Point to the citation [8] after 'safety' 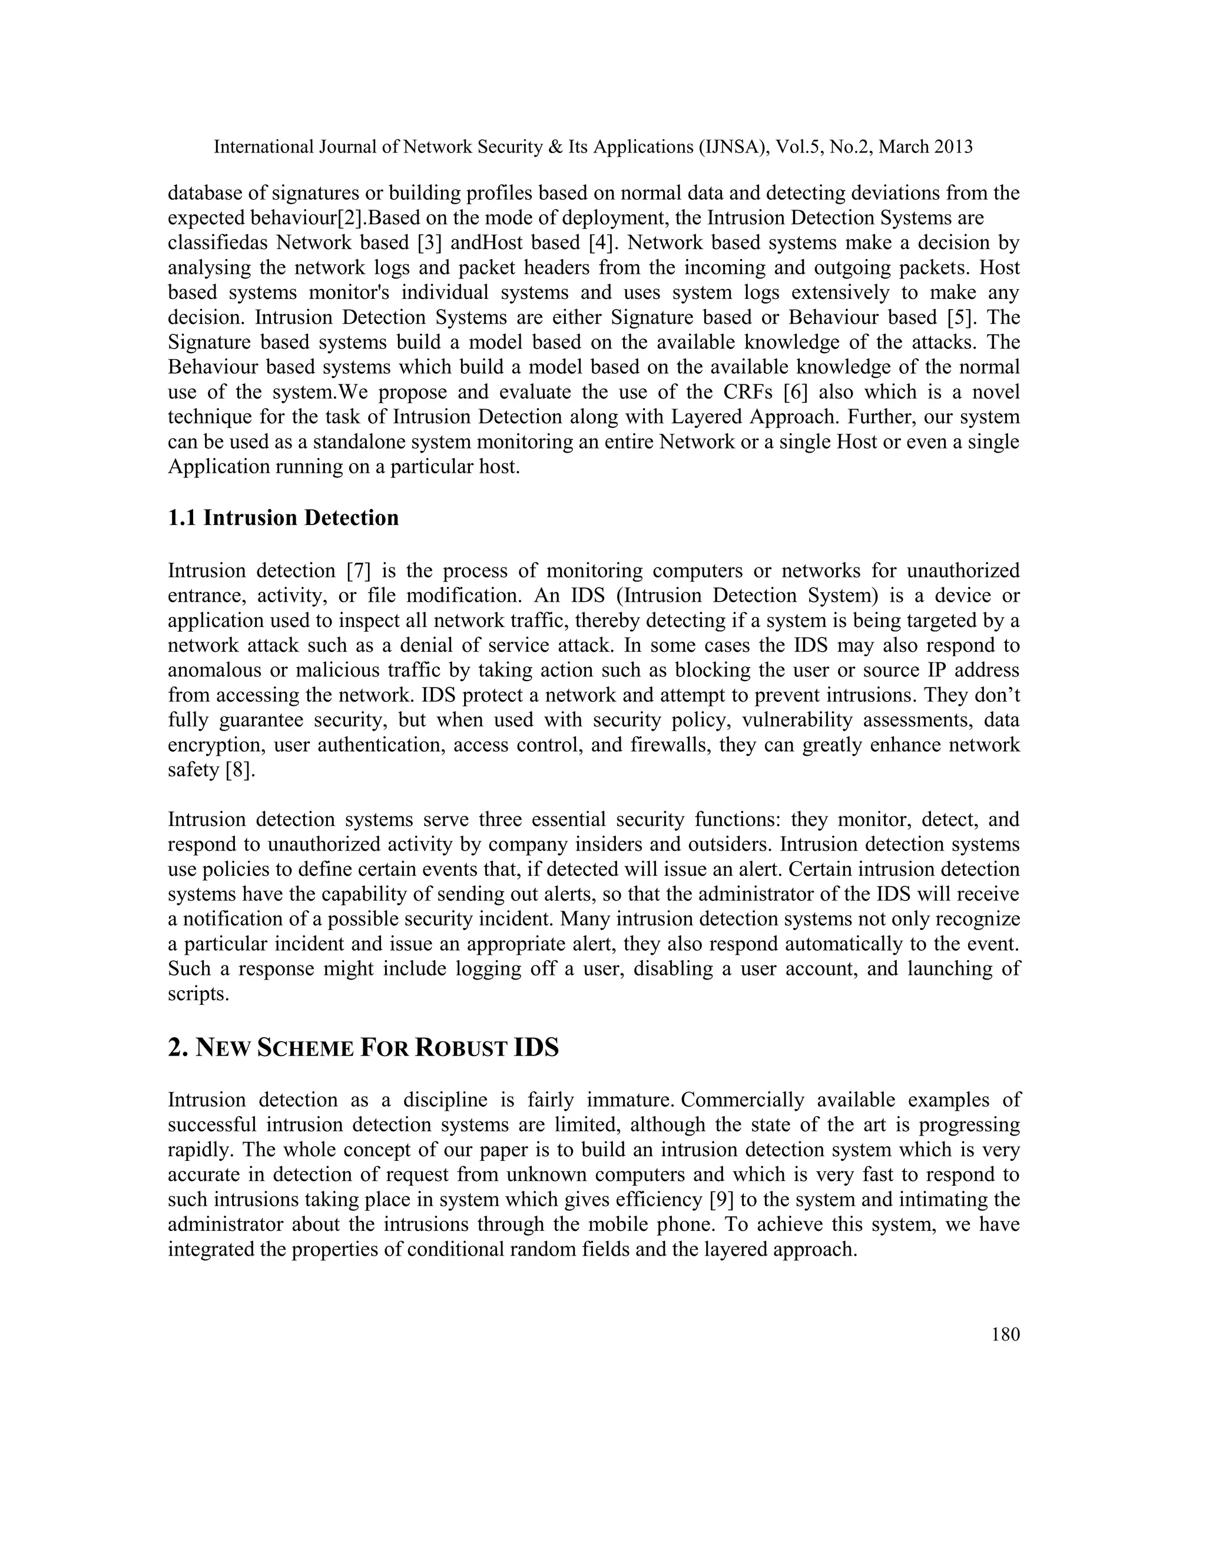click(239, 770)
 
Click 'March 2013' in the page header click(925, 147)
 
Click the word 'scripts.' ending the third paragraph click(198, 994)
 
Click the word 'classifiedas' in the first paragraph click(217, 243)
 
